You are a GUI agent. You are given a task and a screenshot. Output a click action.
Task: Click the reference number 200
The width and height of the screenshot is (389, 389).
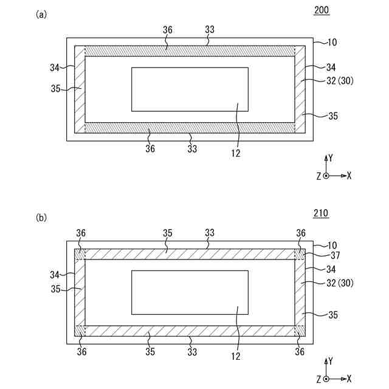[322, 10]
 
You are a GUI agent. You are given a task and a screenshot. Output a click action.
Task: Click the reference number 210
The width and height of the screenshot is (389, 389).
[321, 213]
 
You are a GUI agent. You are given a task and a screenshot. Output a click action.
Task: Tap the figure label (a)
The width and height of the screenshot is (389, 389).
[41, 14]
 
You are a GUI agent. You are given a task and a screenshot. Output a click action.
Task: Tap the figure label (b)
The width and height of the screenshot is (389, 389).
[41, 217]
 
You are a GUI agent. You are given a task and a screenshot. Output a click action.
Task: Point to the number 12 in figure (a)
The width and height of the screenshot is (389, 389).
[235, 153]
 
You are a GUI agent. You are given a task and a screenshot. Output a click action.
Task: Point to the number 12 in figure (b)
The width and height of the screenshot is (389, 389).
[235, 356]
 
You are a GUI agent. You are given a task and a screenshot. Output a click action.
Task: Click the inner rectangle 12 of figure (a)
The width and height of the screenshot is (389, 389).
[190, 89]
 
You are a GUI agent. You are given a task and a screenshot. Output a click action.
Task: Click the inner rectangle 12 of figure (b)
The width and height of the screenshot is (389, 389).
[190, 292]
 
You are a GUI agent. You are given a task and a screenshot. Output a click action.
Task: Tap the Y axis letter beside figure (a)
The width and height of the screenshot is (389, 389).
[331, 157]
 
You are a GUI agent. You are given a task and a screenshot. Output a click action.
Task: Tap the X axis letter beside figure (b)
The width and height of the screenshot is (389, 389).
[349, 379]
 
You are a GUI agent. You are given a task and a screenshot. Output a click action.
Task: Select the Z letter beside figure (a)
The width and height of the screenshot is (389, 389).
[318, 176]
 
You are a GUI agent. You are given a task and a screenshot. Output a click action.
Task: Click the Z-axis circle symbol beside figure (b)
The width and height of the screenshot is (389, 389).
[326, 379]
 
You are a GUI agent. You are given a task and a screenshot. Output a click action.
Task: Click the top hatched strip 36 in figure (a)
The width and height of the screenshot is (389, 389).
[190, 51]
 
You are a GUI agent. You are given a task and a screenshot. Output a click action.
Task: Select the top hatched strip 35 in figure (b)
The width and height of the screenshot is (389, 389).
[190, 255]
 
